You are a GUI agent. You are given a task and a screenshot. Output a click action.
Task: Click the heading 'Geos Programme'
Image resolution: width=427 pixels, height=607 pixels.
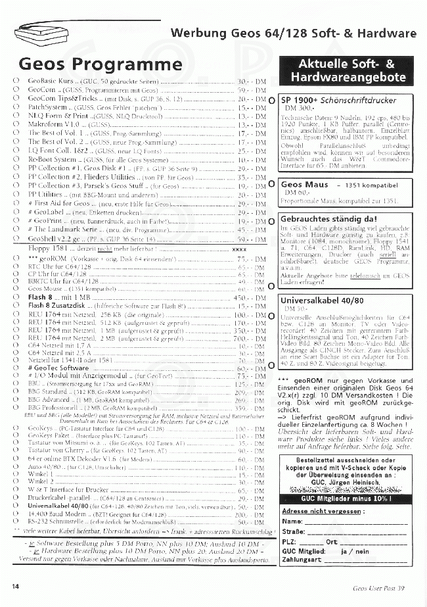[x=101, y=64]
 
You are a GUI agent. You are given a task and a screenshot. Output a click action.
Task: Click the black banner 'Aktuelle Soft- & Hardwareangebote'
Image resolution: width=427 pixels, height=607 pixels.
[x=346, y=70]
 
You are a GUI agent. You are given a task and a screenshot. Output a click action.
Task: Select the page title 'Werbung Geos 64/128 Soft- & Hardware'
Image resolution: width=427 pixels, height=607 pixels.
[x=293, y=34]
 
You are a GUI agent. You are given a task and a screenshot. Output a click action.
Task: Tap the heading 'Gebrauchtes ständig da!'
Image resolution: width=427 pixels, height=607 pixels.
[x=328, y=219]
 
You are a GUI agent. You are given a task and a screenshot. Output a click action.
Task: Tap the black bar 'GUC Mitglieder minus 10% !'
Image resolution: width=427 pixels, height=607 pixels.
[x=346, y=499]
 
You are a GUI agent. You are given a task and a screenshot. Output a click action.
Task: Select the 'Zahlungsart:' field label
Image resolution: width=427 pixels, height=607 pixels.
[x=302, y=560]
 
